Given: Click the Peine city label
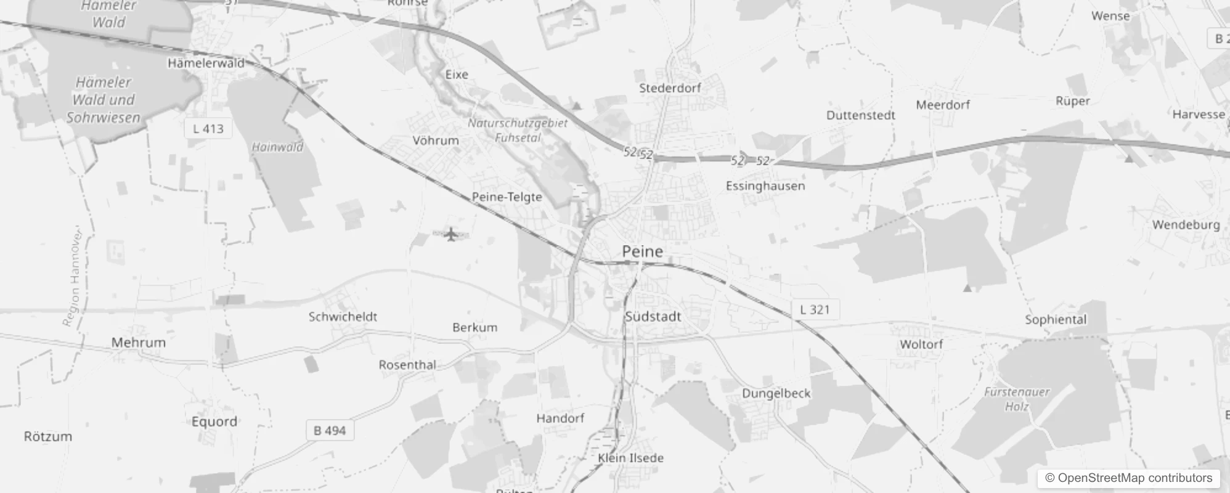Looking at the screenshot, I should [x=642, y=251].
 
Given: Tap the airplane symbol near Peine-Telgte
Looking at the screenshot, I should [x=452, y=234].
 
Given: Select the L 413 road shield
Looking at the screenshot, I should [x=208, y=129].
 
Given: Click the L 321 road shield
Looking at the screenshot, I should [x=815, y=309].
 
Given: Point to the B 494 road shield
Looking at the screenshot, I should [x=330, y=430].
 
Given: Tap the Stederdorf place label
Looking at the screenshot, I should [x=670, y=88].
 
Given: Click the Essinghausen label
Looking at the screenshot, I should [x=765, y=186].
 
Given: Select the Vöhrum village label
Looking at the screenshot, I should [x=436, y=141].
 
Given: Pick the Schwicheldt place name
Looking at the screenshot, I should [x=343, y=317].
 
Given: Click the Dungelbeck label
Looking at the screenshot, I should [x=776, y=393].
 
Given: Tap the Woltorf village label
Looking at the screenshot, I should [x=921, y=344].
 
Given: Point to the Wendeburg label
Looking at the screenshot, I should [x=1186, y=225].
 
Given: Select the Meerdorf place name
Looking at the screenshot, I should [x=942, y=105].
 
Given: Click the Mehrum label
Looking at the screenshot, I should [x=138, y=343].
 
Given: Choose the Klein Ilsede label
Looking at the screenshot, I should [x=630, y=458].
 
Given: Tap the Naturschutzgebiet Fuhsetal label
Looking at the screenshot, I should [x=518, y=130].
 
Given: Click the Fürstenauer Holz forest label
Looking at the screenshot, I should [x=1017, y=399].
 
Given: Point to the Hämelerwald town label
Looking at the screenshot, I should [x=206, y=63].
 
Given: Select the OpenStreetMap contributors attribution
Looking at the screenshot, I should [x=1128, y=478].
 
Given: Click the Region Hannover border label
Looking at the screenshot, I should [x=72, y=277].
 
